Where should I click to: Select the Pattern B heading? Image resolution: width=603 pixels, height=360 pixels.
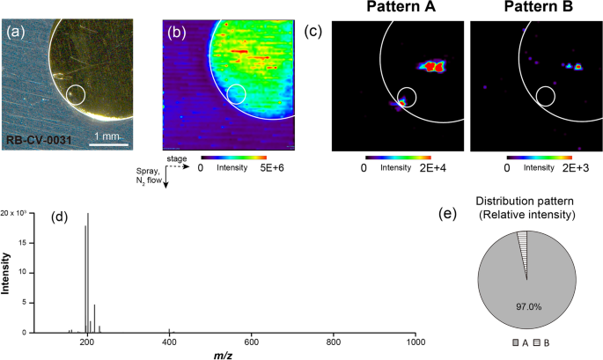click(x=533, y=8)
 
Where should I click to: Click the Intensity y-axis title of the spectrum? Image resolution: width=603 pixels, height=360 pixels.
click(x=7, y=271)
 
